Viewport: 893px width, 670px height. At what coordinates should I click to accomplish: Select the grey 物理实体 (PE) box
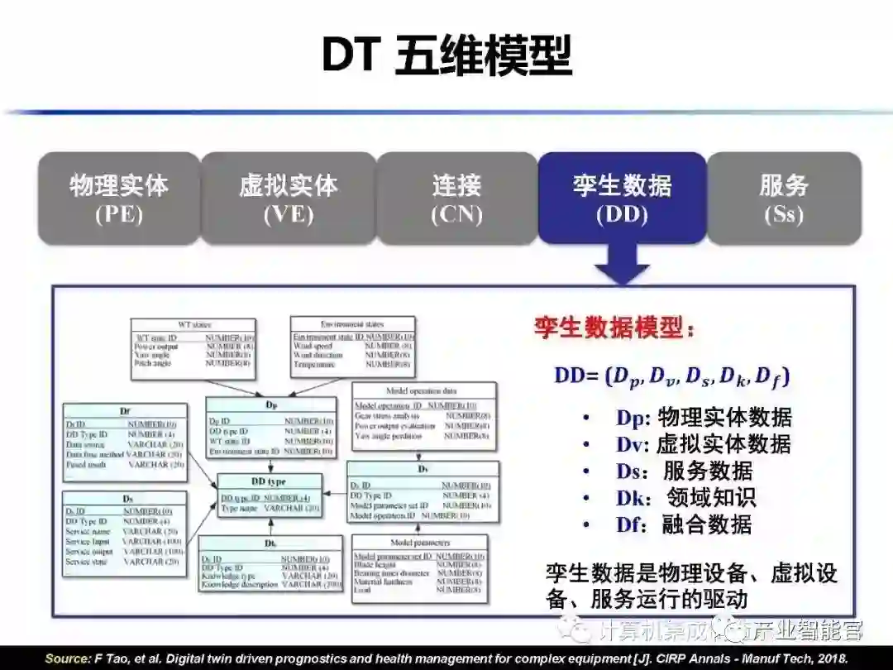(x=119, y=199)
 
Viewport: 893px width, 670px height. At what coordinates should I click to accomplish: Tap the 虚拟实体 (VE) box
(x=289, y=199)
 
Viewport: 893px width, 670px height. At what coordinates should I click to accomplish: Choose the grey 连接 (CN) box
(x=456, y=199)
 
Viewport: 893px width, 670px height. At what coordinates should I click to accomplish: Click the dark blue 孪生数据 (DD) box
(x=622, y=199)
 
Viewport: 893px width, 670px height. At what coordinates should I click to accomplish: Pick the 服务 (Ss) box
(x=784, y=199)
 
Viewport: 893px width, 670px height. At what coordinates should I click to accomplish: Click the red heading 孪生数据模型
(x=614, y=328)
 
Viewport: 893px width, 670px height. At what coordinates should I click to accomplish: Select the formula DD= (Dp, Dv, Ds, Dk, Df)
(x=671, y=376)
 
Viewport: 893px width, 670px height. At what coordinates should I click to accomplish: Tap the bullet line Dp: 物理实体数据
(x=703, y=417)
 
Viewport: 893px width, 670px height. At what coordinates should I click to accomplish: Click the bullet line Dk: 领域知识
(x=685, y=497)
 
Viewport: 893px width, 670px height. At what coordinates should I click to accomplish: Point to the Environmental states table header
(x=351, y=324)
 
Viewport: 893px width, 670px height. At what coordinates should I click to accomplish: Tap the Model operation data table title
(x=422, y=390)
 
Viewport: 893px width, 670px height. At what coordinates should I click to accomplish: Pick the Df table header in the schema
(x=125, y=411)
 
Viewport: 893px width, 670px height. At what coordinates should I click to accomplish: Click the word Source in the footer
(x=66, y=659)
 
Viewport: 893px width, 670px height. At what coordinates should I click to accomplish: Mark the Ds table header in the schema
(x=127, y=500)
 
